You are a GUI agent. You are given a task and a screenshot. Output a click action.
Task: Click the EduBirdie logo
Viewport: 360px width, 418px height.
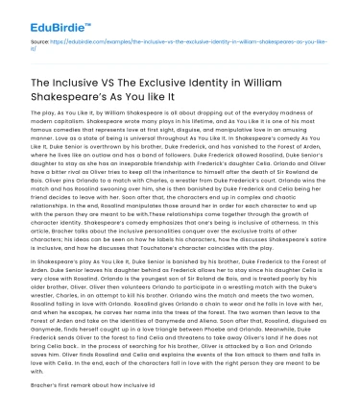click(x=46, y=13)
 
